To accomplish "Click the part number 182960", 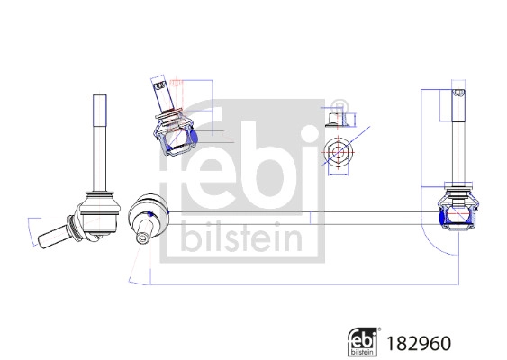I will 418,343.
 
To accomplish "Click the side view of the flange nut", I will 336,117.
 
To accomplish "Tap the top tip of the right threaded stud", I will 457,92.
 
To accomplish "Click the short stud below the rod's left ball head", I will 144,238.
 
